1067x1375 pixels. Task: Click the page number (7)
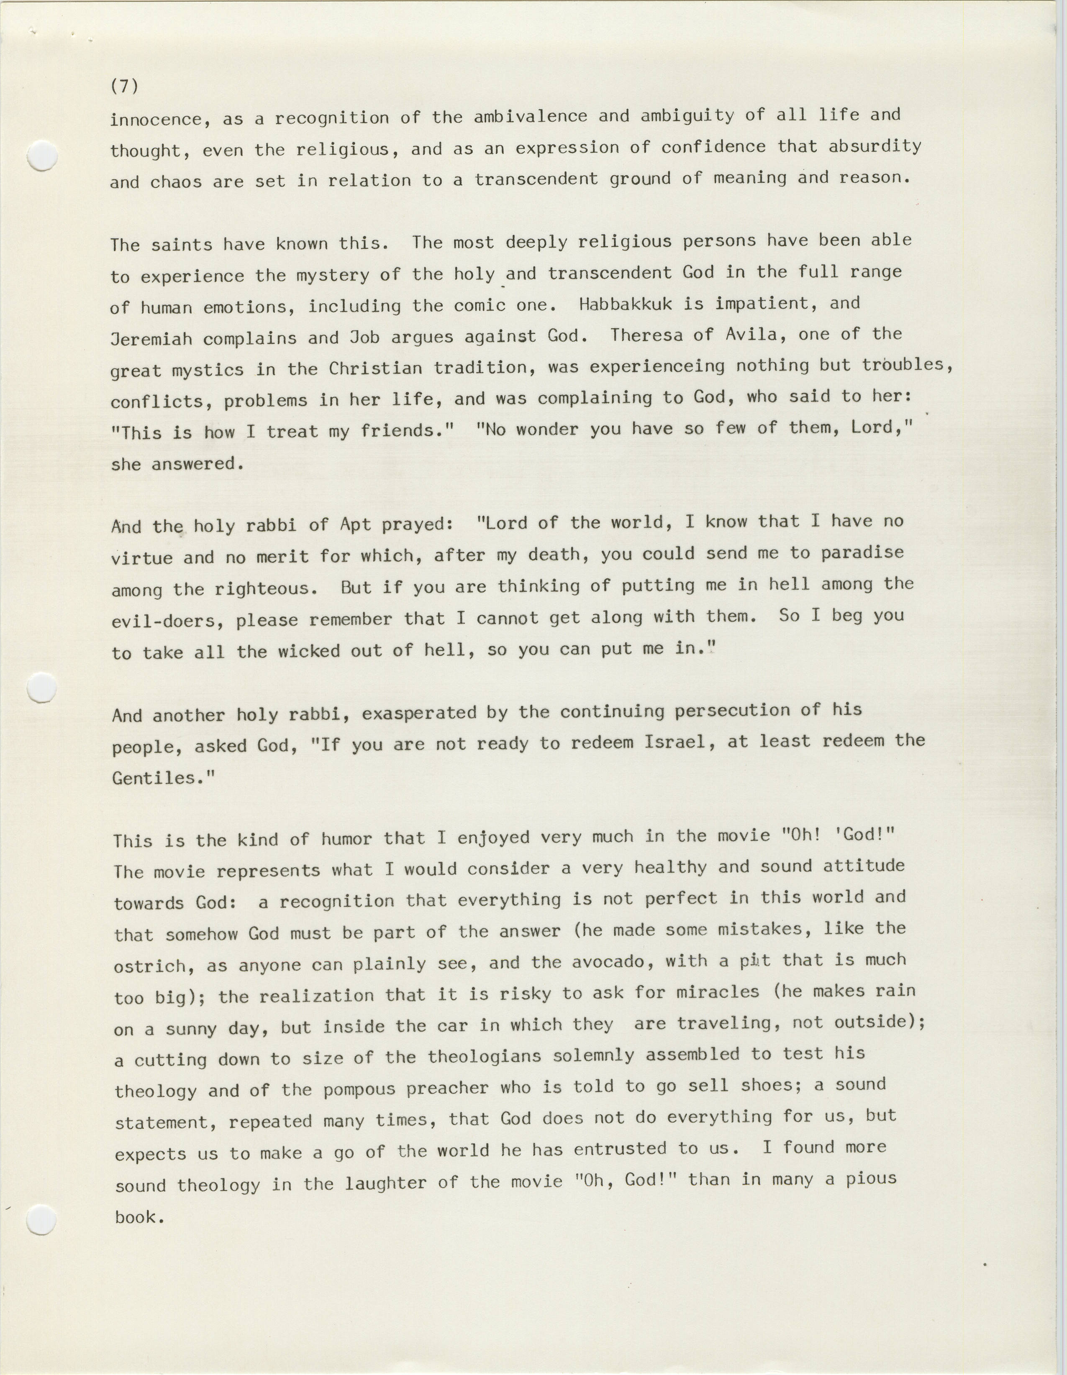click(124, 86)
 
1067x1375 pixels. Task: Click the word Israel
click(675, 741)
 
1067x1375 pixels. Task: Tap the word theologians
click(484, 1056)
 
